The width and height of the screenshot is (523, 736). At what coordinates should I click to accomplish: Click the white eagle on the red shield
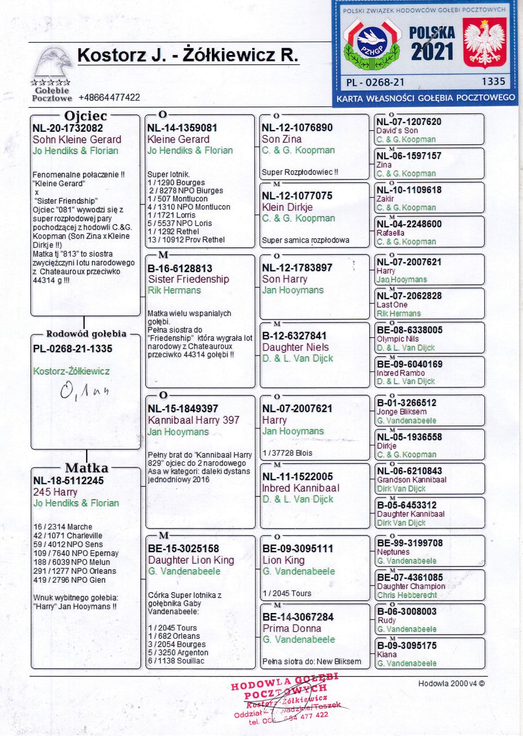point(484,43)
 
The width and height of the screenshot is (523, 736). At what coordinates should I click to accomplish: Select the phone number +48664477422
point(109,97)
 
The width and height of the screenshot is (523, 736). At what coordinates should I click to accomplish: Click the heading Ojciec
point(85,116)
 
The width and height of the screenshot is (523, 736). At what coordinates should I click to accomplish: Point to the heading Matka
point(86,468)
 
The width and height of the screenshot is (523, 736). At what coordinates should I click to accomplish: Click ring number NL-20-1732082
point(67,128)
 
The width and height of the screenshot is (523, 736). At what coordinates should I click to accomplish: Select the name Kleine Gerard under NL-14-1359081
point(178,140)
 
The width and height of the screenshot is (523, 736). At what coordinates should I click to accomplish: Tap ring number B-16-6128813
point(180,268)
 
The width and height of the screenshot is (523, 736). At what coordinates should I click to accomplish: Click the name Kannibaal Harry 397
point(194,420)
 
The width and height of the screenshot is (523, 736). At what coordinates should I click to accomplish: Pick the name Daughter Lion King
point(191,560)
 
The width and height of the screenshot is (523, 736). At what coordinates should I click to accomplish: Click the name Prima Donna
point(291,628)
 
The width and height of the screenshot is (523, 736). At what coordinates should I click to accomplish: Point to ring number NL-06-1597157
point(409,156)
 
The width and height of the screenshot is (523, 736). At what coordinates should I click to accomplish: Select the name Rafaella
point(390,233)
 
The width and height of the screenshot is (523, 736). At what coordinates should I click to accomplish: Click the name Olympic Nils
point(398,339)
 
